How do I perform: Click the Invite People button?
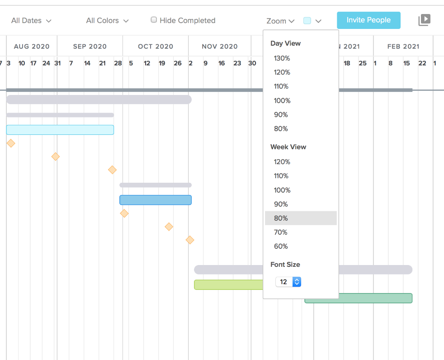368,20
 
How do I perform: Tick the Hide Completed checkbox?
154,20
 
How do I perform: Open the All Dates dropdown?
31,21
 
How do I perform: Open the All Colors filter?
107,21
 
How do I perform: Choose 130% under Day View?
282,58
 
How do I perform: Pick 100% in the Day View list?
282,100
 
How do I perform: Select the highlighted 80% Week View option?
281,218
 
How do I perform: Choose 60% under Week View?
281,246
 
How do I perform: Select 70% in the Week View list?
281,232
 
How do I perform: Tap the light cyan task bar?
60,130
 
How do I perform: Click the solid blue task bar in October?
155,200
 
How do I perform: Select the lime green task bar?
228,284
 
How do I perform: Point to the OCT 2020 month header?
156,46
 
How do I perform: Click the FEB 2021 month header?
403,46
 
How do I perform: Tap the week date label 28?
118,63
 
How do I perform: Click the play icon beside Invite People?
424,20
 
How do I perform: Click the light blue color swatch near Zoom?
307,20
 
